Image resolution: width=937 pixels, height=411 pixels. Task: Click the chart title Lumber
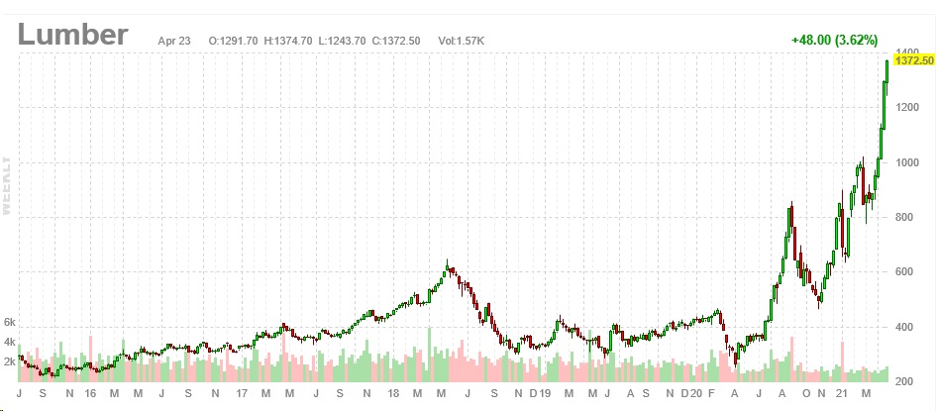click(72, 35)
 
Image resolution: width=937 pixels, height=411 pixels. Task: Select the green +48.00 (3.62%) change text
click(834, 41)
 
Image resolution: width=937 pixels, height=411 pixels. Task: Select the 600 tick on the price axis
click(904, 272)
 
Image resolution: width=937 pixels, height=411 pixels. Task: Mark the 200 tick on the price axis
click(904, 382)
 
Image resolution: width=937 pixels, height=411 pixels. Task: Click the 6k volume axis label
click(10, 323)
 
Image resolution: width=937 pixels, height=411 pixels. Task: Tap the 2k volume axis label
click(10, 361)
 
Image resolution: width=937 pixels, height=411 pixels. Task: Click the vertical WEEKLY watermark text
click(7, 185)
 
